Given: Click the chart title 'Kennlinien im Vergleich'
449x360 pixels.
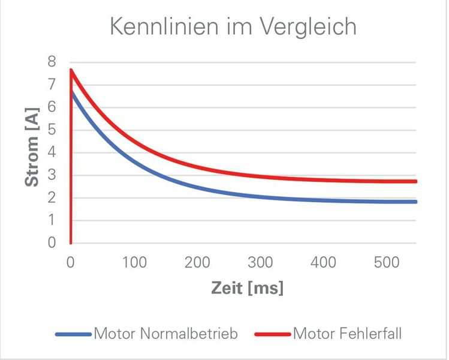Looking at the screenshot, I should click(x=233, y=26).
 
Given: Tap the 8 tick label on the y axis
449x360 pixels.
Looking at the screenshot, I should click(x=52, y=61).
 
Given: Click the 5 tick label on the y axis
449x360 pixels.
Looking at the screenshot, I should click(x=52, y=130).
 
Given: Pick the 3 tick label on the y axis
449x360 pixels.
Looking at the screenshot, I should click(x=52, y=175).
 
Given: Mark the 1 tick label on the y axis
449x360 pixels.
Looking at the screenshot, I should click(x=52, y=220).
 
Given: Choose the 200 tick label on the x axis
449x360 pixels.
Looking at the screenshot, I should click(x=198, y=263).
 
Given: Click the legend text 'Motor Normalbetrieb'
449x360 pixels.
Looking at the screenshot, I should click(x=165, y=334).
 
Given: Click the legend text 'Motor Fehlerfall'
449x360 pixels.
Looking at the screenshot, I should click(x=346, y=334).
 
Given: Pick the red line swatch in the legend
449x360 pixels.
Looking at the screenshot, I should click(x=273, y=334).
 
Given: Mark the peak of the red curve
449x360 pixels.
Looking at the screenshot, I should click(x=71, y=70).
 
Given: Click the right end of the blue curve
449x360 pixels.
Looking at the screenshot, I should click(x=415, y=202).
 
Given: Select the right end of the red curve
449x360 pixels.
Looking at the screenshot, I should click(x=415, y=181).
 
